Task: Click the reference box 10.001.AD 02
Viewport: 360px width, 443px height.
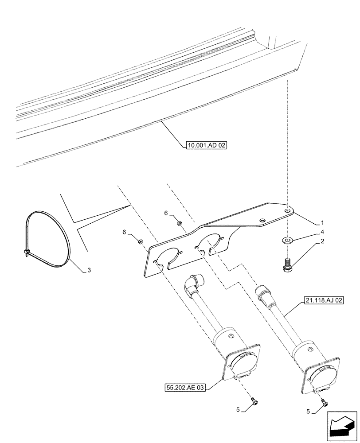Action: coord(204,144)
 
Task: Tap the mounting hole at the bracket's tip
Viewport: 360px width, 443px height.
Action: coord(288,211)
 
